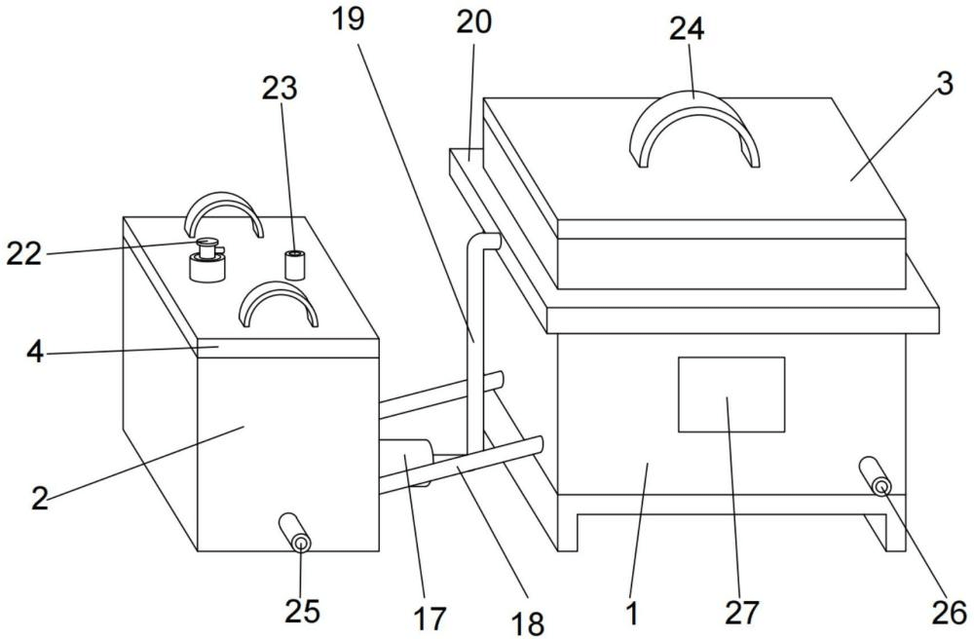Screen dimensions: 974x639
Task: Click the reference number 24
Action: point(687,28)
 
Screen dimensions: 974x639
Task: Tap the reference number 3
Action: point(944,83)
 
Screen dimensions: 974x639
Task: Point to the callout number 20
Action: point(474,21)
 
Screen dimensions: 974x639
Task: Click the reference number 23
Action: point(280,89)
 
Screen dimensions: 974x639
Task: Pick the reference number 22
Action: point(23,254)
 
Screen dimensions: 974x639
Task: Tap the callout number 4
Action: point(35,352)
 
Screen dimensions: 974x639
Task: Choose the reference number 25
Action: point(302,611)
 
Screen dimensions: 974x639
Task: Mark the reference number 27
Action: point(741,613)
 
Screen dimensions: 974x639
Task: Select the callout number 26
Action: point(950,613)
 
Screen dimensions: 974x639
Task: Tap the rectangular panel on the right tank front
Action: point(731,395)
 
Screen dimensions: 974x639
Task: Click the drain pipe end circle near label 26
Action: point(880,486)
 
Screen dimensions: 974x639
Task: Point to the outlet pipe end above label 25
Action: point(301,544)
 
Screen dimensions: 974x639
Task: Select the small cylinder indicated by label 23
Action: point(295,265)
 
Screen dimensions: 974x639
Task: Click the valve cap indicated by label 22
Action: point(206,244)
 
